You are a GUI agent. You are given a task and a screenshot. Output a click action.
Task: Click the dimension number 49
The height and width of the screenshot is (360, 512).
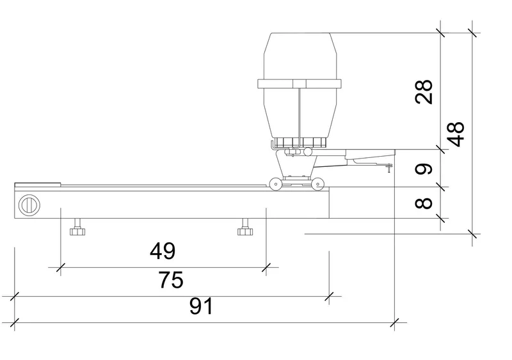click(163, 251)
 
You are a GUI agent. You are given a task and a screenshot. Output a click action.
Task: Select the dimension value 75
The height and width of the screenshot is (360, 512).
click(171, 279)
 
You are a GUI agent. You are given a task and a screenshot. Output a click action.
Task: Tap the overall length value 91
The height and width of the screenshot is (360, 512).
click(201, 306)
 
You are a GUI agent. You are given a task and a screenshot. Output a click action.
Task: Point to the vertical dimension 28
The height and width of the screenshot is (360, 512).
click(424, 91)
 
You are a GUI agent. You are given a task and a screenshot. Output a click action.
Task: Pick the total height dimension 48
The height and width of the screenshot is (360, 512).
click(456, 134)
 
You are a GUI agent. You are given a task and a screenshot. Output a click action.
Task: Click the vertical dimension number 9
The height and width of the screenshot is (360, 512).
click(424, 169)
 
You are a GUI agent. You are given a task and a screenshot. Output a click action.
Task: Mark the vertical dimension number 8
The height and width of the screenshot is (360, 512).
click(424, 203)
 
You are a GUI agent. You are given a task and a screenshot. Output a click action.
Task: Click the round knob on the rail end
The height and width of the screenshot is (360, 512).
click(29, 205)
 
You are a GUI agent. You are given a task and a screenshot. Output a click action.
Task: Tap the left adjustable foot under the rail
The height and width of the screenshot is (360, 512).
click(77, 227)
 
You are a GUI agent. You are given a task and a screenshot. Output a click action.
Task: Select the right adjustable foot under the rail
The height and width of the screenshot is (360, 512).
click(245, 227)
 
